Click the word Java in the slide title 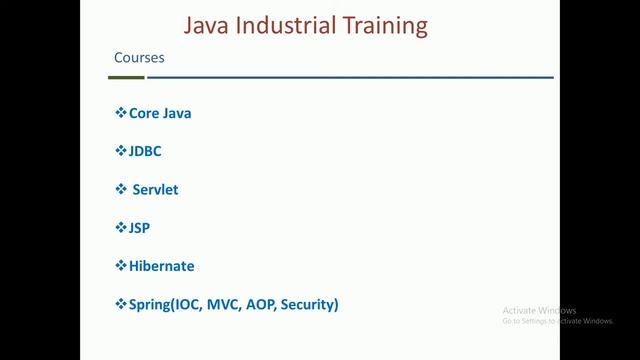[208, 24]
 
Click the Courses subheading [139, 58]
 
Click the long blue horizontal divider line [350, 77]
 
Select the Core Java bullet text [160, 113]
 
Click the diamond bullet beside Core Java [121, 113]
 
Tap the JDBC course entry [145, 151]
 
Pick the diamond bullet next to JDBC [121, 151]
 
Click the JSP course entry [140, 227]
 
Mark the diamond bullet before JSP [121, 227]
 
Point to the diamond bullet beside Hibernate [121, 266]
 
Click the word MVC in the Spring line [221, 304]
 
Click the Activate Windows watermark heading [539, 310]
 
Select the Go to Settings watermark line [557, 321]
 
